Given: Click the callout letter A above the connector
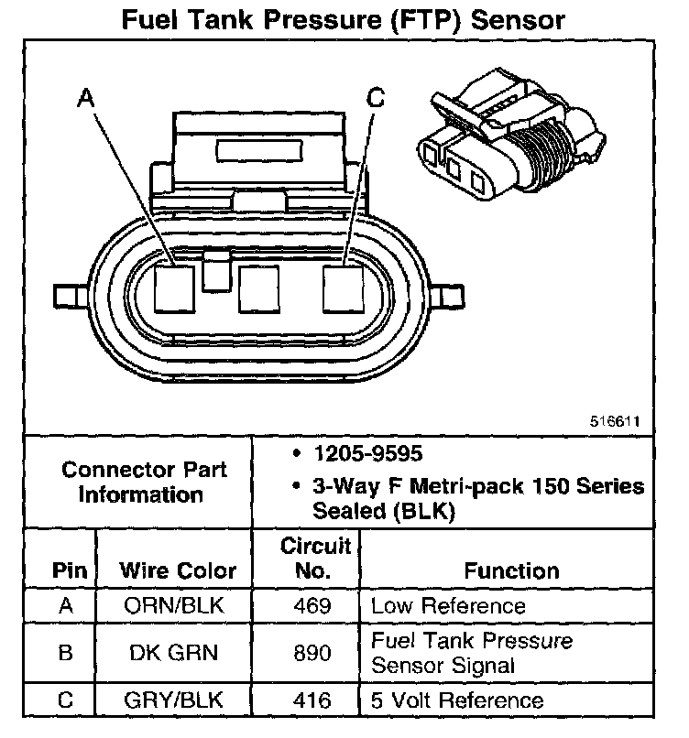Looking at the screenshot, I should click(x=87, y=98).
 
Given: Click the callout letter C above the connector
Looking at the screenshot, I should click(x=375, y=98).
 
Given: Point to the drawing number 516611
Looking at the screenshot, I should click(x=615, y=422).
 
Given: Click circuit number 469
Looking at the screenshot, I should click(x=313, y=606).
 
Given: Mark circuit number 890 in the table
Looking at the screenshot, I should click(x=313, y=652).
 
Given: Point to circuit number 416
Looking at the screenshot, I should click(x=313, y=700).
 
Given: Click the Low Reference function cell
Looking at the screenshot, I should click(x=448, y=606).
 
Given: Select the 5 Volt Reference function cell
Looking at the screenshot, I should click(x=457, y=700).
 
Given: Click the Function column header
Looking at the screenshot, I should click(x=511, y=570).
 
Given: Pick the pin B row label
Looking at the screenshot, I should click(x=64, y=652).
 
